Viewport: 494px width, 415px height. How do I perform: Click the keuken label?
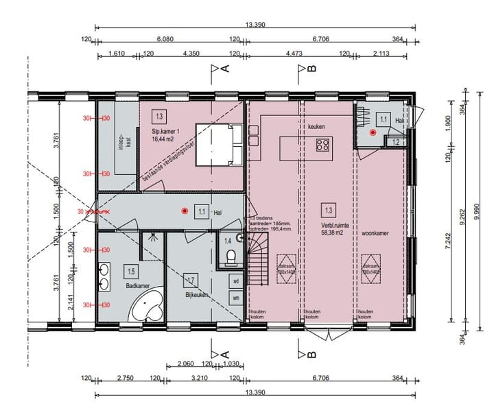coord(316,127)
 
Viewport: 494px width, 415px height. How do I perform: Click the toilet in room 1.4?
coord(232,258)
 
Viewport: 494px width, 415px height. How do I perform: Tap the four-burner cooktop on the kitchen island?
coord(322,145)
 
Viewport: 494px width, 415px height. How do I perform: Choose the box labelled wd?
coord(235,281)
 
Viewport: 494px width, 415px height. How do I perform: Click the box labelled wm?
coord(235,298)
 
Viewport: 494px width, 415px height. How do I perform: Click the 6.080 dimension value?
coord(164,39)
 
